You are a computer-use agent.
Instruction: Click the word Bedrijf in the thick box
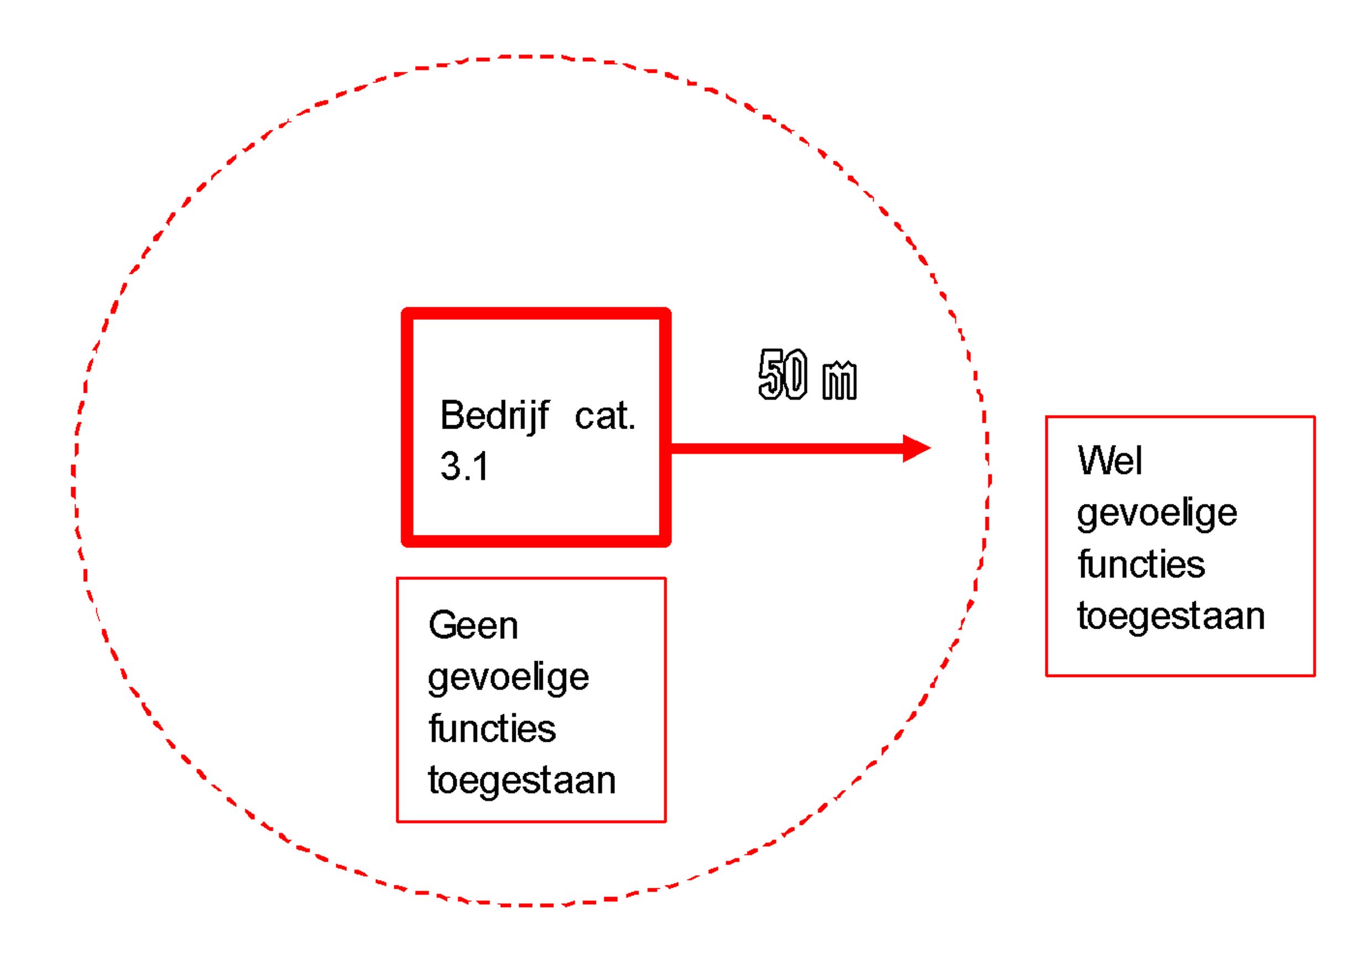pos(494,416)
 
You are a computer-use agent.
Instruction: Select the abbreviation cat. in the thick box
pos(604,416)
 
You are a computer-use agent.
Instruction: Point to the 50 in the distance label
pos(782,375)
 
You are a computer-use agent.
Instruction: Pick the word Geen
pos(473,626)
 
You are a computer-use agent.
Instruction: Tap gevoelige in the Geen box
pos(509,678)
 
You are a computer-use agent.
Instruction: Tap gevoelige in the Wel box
pos(1157,513)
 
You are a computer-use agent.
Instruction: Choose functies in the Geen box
pos(492,729)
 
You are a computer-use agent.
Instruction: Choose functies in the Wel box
pos(1141,565)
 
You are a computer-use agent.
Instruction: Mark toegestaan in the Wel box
pos(1171,616)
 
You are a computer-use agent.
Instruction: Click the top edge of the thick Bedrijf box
pos(536,314)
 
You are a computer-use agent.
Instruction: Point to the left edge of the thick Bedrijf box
pos(407,427)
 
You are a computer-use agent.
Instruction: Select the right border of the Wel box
pos(1314,546)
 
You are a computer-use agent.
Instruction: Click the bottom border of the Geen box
pos(531,821)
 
